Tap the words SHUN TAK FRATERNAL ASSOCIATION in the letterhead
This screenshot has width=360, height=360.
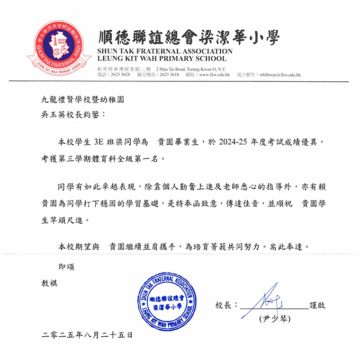click(164, 51)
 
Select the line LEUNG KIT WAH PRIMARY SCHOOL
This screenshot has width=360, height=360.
click(162, 59)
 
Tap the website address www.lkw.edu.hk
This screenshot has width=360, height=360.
click(215, 75)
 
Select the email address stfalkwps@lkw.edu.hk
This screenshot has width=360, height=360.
click(279, 75)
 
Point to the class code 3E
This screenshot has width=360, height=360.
click(100, 142)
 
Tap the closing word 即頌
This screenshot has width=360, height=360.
click(66, 267)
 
